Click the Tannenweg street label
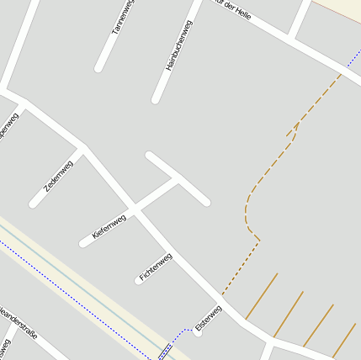(x=123, y=17)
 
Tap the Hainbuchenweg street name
(x=179, y=45)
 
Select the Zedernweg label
(x=59, y=176)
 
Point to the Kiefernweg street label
(x=109, y=229)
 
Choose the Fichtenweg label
(x=156, y=267)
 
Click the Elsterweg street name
(x=208, y=317)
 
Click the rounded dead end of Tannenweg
(x=99, y=66)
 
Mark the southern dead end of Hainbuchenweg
(x=156, y=99)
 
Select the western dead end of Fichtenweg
(x=138, y=281)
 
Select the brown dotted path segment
(x=240, y=267)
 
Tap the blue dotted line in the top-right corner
(x=353, y=59)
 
